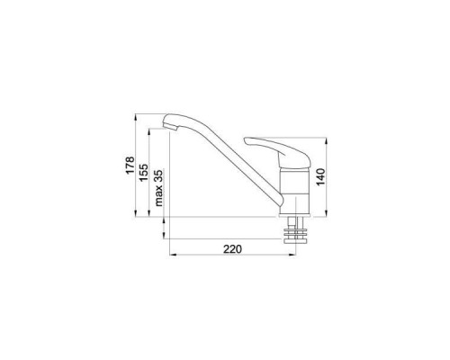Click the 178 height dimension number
pos(130,165)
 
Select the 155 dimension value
pos(143,172)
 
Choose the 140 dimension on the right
pos(320,177)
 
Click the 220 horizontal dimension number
pos(232,248)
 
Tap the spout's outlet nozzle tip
pos(174,129)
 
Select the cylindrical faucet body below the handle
pos(294,191)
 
